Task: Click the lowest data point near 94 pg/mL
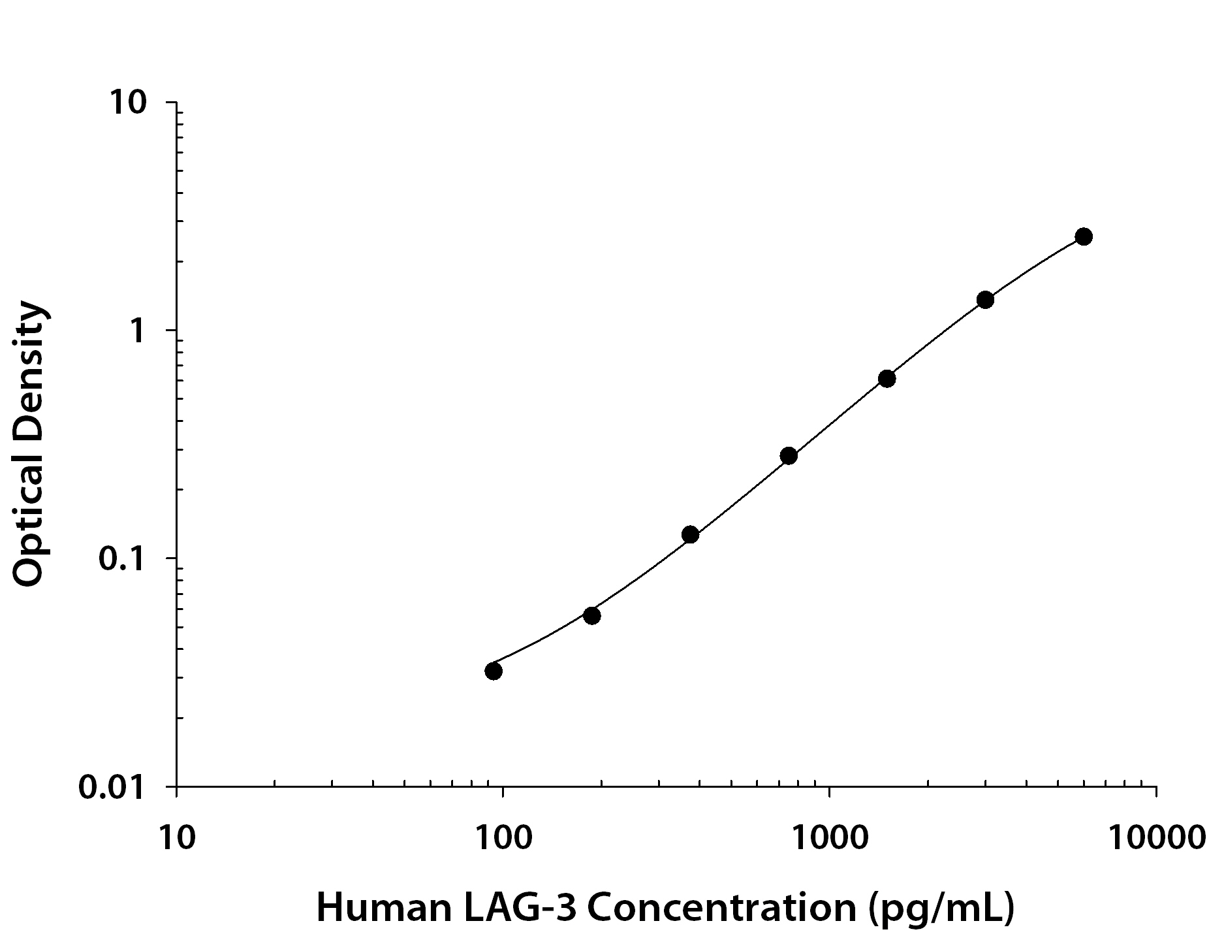pos(494,671)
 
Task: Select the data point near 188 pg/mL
pos(591,615)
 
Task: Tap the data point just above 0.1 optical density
pos(690,534)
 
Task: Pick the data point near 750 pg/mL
pos(789,455)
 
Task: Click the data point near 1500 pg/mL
pos(887,378)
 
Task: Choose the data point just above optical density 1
pos(985,300)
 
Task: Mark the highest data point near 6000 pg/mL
pos(1084,236)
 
